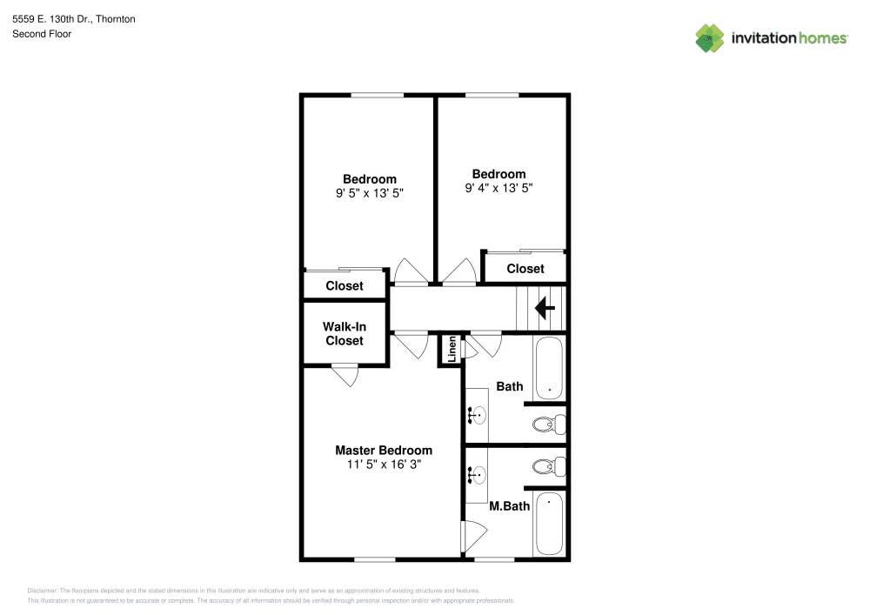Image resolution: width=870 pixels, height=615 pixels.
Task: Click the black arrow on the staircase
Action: (545, 308)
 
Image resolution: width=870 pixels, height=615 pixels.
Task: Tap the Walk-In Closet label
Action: (345, 334)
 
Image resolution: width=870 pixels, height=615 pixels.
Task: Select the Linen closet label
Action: (452, 349)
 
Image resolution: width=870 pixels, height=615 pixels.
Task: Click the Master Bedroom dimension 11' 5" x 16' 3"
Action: (384, 465)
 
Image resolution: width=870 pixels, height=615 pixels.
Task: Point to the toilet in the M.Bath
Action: (549, 466)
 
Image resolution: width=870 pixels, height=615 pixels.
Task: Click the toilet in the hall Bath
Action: (549, 425)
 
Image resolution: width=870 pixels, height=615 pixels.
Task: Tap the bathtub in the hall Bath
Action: (549, 368)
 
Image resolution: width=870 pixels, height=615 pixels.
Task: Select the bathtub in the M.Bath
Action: (549, 524)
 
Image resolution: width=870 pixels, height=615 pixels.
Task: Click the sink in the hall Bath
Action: (477, 415)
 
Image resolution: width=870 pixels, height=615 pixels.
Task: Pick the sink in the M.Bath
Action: (477, 475)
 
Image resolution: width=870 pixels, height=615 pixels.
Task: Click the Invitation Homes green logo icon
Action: (710, 38)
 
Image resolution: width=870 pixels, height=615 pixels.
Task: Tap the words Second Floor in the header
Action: (42, 34)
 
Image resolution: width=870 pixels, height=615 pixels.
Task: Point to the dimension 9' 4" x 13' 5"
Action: (499, 189)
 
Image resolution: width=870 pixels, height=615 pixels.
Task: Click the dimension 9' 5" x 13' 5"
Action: (370, 193)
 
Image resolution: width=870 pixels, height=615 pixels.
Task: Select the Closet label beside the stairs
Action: (525, 269)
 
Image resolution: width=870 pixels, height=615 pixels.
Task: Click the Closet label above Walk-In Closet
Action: (345, 286)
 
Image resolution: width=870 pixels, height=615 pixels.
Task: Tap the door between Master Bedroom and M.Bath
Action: (473, 537)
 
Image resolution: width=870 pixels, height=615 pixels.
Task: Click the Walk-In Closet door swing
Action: (345, 375)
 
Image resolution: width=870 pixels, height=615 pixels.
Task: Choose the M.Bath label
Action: (509, 506)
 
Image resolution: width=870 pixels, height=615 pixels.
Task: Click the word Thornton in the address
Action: (116, 19)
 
